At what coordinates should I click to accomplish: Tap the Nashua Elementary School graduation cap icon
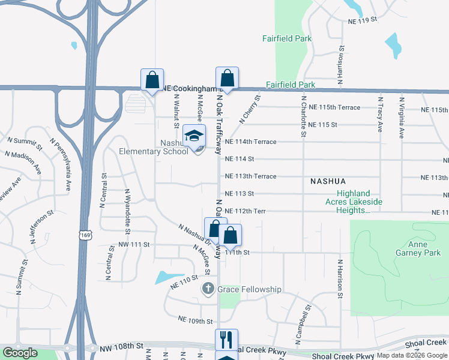(194, 136)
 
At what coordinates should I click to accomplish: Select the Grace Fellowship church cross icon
(207, 289)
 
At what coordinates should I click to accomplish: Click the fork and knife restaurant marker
(226, 340)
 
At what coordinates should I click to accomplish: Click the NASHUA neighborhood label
(328, 181)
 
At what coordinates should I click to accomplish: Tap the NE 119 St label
(362, 20)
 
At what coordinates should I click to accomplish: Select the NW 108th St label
(122, 346)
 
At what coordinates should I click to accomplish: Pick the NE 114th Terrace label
(250, 142)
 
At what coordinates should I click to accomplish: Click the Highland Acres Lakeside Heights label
(359, 202)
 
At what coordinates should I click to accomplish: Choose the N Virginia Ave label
(400, 114)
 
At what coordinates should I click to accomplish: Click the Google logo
(20, 353)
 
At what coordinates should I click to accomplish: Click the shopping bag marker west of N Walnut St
(152, 80)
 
